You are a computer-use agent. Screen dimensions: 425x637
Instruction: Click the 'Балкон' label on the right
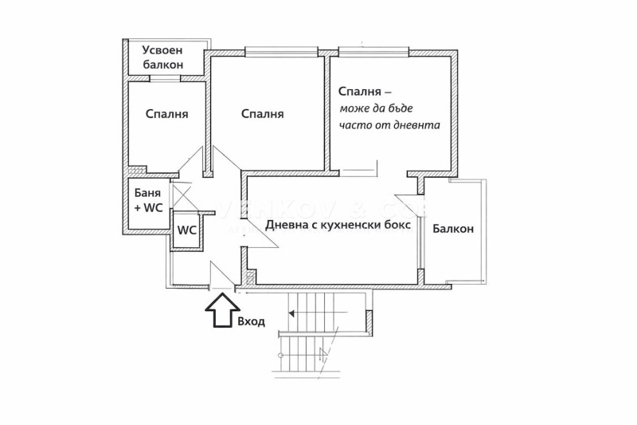453,229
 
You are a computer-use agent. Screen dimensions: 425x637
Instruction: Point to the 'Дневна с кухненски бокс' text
338,225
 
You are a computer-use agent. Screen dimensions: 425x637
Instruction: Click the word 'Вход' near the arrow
251,321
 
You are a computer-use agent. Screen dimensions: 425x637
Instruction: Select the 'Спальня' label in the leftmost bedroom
166,114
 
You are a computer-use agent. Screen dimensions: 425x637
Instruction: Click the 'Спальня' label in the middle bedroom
262,114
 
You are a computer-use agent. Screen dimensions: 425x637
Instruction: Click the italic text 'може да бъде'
377,108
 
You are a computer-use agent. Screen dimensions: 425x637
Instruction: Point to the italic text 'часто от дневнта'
389,125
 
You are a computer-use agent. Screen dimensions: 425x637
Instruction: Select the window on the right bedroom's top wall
374,53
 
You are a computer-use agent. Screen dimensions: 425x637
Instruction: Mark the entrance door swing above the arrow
221,275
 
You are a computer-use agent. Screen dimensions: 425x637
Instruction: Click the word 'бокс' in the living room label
397,225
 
